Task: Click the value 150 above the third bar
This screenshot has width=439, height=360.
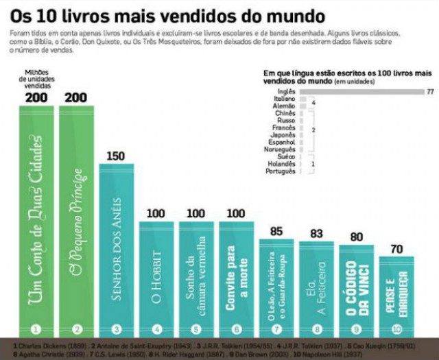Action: [116, 156]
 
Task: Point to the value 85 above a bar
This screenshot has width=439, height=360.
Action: [276, 232]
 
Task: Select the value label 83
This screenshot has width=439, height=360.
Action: [316, 234]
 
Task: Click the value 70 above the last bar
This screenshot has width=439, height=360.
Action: [396, 250]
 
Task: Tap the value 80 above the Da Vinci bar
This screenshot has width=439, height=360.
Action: [356, 237]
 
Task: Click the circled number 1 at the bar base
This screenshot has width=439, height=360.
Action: [36, 328]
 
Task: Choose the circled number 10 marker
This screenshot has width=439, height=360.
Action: [396, 328]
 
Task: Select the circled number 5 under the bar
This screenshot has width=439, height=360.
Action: [196, 328]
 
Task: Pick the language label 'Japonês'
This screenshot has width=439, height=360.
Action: [283, 135]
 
